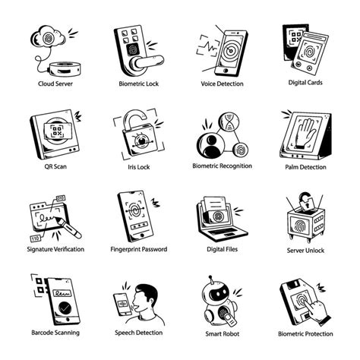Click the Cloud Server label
tap(55, 84)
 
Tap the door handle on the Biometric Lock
tap(148, 62)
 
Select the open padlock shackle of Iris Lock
tap(134, 118)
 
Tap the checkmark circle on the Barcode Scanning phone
tap(65, 308)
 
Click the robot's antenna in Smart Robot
tap(211, 280)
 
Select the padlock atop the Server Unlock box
tap(306, 201)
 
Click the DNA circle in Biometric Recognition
tap(229, 122)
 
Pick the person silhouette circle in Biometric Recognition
tap(210, 144)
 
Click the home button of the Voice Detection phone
tap(226, 70)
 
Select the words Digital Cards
tap(305, 83)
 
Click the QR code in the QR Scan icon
tap(57, 131)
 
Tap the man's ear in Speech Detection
tap(151, 302)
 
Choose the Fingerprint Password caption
tap(139, 249)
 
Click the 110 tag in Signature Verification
tap(35, 238)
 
